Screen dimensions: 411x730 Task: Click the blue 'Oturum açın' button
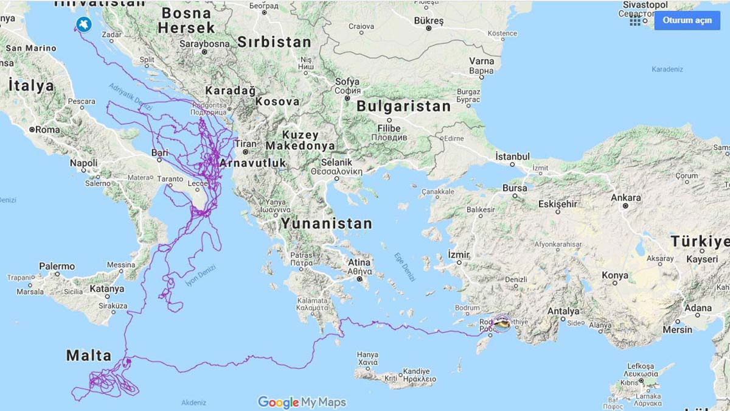[x=687, y=20]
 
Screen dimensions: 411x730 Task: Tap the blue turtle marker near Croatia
[x=83, y=24]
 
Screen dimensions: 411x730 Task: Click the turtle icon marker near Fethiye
[x=502, y=323]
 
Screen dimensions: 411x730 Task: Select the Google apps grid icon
[x=635, y=21]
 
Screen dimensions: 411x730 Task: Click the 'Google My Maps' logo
[x=302, y=402]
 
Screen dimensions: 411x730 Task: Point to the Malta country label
[x=89, y=356]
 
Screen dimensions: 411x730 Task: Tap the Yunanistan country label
[x=326, y=223]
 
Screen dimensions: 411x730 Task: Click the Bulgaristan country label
[x=403, y=106]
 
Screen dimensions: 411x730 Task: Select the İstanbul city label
[x=512, y=156]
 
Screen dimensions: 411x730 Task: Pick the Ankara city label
[x=626, y=197]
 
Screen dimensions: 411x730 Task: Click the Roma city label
[x=47, y=130]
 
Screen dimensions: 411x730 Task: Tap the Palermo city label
[x=57, y=266]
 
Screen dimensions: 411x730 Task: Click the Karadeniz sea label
[x=667, y=69]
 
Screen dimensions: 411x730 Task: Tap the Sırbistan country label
[x=274, y=42]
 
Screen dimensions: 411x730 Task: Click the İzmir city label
[x=459, y=253]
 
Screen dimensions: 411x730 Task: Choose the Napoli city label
[x=83, y=163]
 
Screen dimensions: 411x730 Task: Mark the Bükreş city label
[x=429, y=21]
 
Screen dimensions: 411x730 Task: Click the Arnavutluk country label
[x=252, y=163]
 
